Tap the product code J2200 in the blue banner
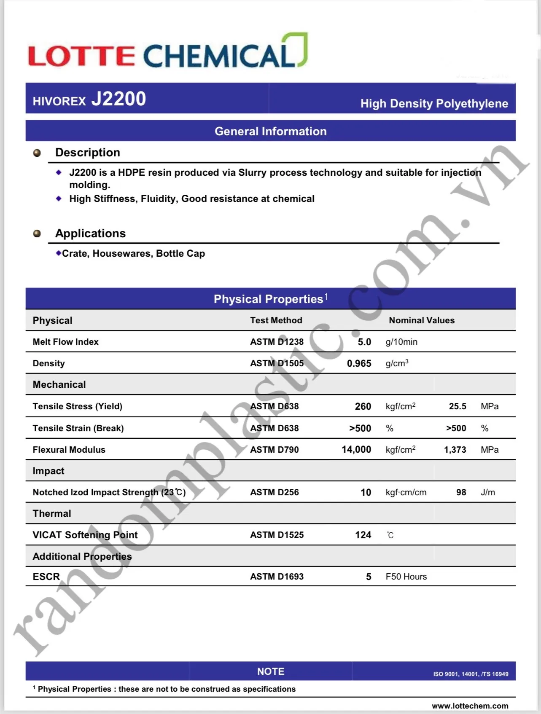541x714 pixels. tap(118, 99)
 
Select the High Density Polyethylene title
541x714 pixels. tap(434, 104)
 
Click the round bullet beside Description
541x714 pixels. tap(37, 153)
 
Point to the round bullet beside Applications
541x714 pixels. tap(37, 234)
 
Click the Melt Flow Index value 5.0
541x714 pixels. tap(364, 342)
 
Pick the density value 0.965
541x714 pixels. tap(359, 363)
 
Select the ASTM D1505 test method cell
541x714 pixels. tap(277, 363)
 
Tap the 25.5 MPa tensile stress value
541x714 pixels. tap(458, 406)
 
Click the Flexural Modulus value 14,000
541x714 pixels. tap(356, 450)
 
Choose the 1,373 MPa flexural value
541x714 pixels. tap(455, 450)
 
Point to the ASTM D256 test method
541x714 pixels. tap(274, 492)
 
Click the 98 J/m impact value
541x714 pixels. tap(461, 492)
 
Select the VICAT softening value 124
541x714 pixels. tap(363, 535)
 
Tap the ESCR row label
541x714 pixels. tap(46, 577)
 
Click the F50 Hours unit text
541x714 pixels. tap(406, 577)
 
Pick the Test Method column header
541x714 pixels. tap(276, 320)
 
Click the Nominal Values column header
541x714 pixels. tap(422, 320)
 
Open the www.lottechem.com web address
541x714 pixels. tap(470, 706)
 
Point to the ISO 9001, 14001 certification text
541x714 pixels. tap(471, 674)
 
